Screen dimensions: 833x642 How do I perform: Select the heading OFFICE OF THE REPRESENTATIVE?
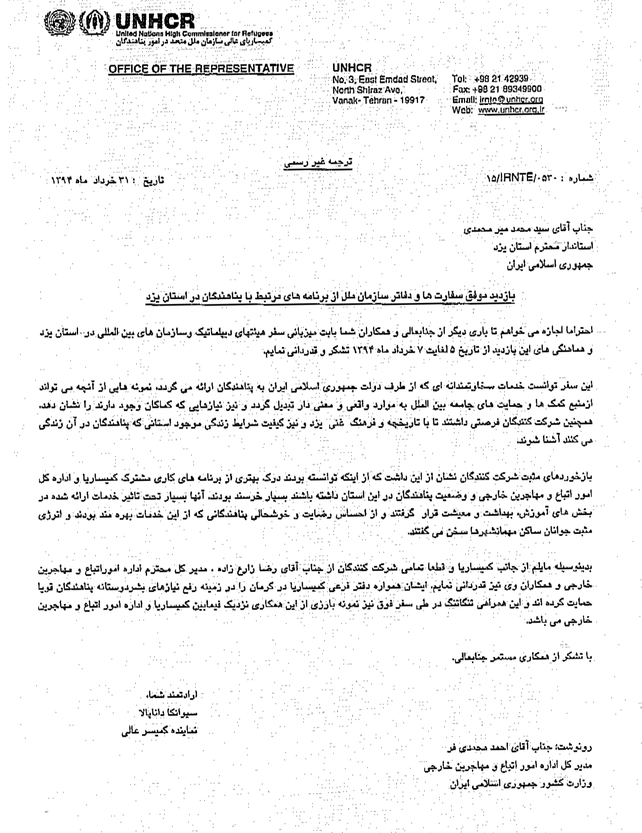pyautogui.click(x=201, y=68)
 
